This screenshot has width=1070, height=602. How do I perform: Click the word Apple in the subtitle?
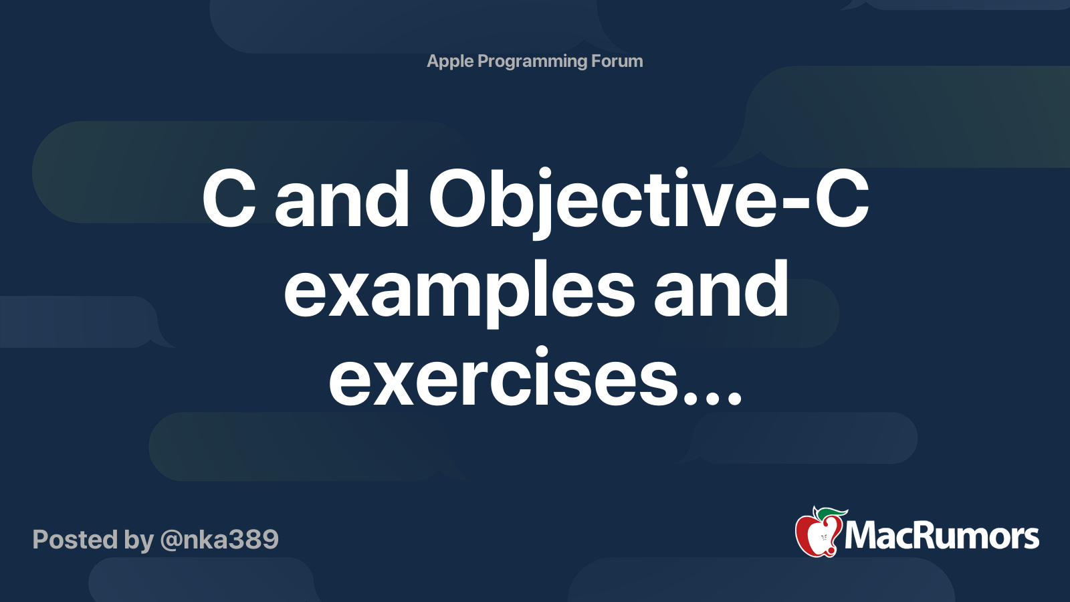click(x=450, y=62)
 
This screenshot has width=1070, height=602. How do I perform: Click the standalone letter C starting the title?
click(x=229, y=199)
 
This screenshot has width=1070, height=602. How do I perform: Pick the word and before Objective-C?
click(x=342, y=199)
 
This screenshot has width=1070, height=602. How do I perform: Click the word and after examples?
click(x=721, y=289)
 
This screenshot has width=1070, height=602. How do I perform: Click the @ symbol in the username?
click(x=171, y=540)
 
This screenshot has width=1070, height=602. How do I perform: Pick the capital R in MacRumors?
click(x=929, y=536)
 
